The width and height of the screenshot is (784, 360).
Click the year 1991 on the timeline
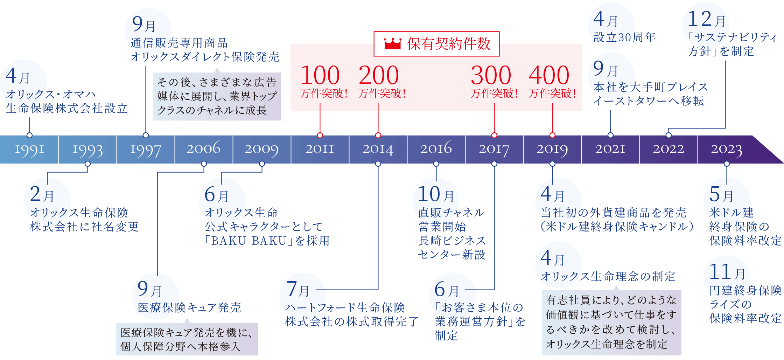pyautogui.click(x=29, y=149)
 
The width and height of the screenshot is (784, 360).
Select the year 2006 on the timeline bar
pyautogui.click(x=204, y=149)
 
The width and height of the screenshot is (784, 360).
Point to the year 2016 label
pyautogui.click(x=436, y=149)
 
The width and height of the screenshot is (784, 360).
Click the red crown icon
pyautogui.click(x=392, y=44)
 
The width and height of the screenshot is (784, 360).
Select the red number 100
pyautogui.click(x=320, y=75)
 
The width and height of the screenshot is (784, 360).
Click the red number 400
pyautogui.click(x=549, y=75)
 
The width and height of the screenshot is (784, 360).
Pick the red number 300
pyautogui.click(x=491, y=75)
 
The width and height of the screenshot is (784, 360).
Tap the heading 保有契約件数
pyautogui.click(x=449, y=44)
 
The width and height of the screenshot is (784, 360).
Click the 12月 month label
pyautogui.click(x=707, y=20)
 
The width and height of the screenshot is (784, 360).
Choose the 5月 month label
pyautogui.click(x=721, y=195)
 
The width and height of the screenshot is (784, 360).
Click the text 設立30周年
pyautogui.click(x=624, y=37)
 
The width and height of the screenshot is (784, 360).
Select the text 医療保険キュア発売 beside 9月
pyautogui.click(x=189, y=307)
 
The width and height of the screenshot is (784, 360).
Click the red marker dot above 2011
pyautogui.click(x=320, y=135)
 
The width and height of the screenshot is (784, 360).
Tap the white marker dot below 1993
pyautogui.click(x=87, y=164)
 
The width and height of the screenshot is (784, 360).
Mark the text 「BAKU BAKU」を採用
pyautogui.click(x=267, y=241)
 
